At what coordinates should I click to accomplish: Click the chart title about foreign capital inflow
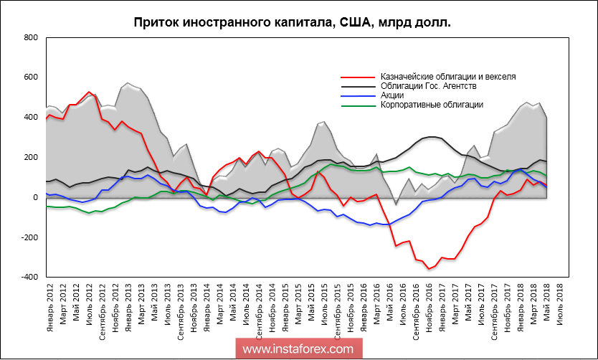point(293,23)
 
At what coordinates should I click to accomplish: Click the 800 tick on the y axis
point(30,37)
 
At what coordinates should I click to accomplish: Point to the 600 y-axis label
point(30,77)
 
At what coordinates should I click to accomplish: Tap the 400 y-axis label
point(30,117)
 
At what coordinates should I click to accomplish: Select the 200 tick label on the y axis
point(30,157)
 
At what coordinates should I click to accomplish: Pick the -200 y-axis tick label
point(29,237)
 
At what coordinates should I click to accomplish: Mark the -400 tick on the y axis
point(29,278)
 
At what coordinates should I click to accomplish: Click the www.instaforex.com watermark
point(298,349)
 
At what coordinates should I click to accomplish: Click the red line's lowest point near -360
point(429,269)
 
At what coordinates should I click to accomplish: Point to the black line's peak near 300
point(432,137)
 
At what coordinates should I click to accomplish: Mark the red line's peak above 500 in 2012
point(88,93)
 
